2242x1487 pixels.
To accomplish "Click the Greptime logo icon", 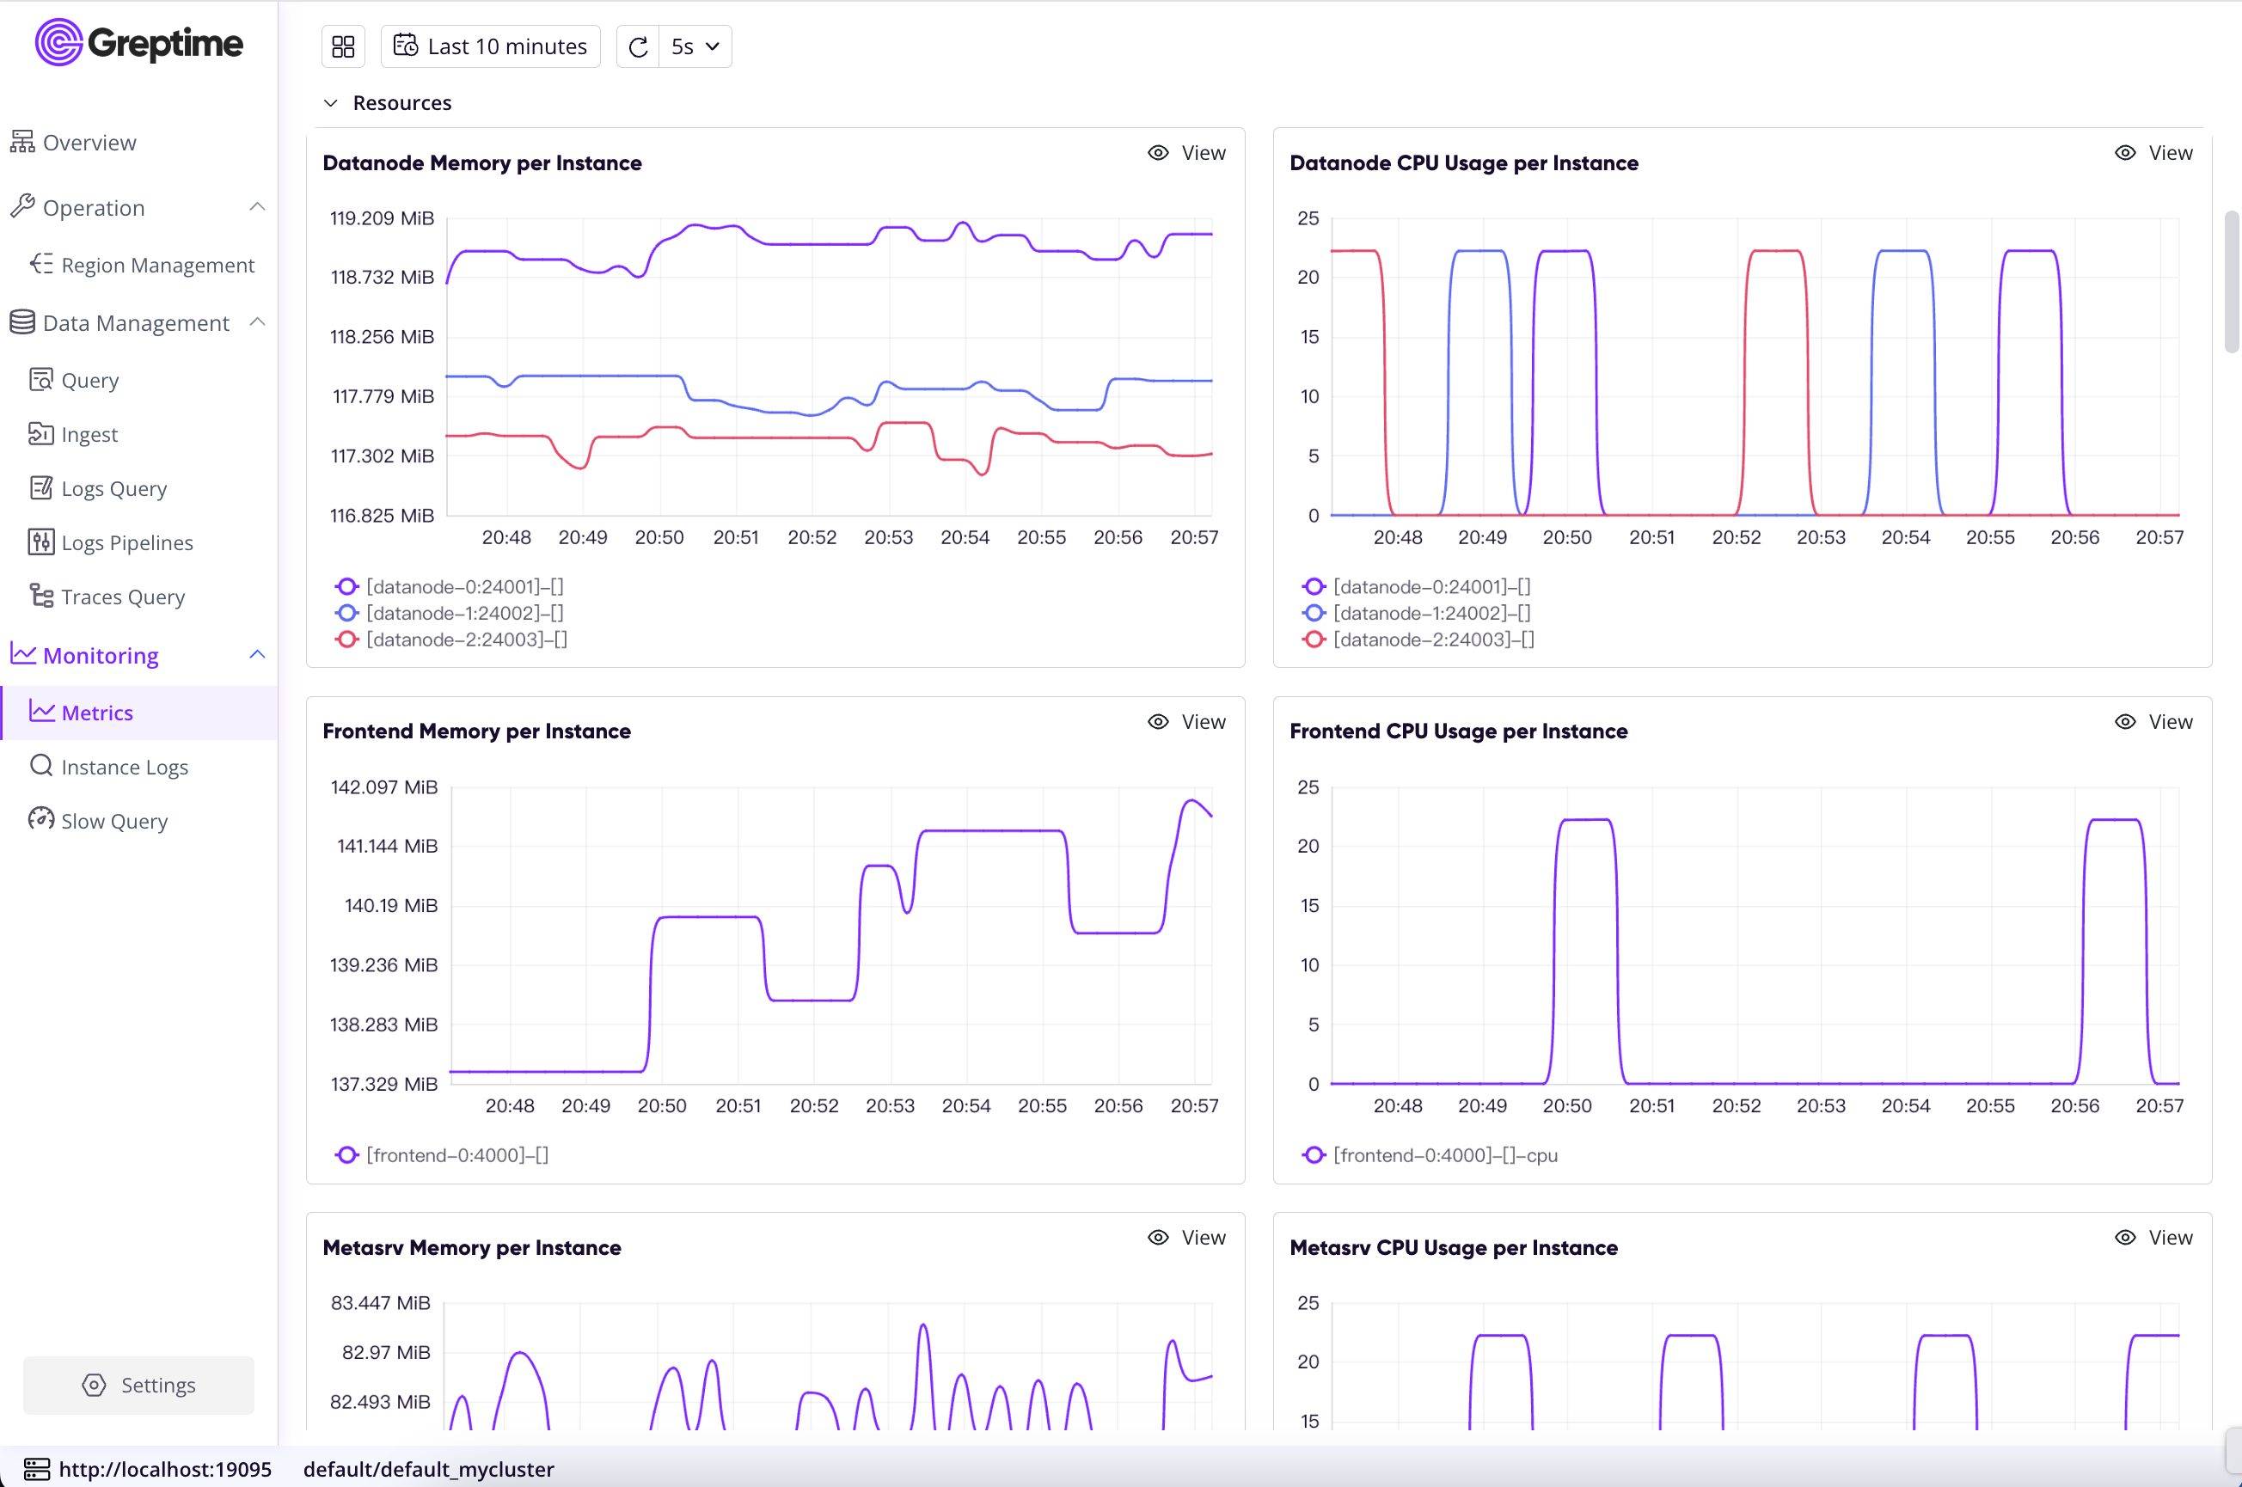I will pos(58,43).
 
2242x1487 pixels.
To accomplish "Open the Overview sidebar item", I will pos(89,142).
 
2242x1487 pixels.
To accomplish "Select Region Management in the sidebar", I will pos(157,265).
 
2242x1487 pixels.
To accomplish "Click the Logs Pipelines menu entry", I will pos(127,542).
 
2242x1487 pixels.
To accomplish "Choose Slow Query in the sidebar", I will pos(113,821).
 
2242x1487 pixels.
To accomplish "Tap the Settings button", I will pos(138,1385).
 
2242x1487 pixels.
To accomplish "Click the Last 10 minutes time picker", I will pos(490,46).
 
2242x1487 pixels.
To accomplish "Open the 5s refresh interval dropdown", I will pos(695,46).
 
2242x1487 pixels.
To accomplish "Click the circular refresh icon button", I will pos(638,46).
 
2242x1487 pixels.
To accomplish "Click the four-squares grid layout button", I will pos(343,46).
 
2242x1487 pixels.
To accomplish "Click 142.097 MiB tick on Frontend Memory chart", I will pos(383,787).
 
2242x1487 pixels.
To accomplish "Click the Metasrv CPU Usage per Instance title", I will pos(1453,1247).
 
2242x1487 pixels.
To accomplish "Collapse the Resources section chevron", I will pos(331,102).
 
